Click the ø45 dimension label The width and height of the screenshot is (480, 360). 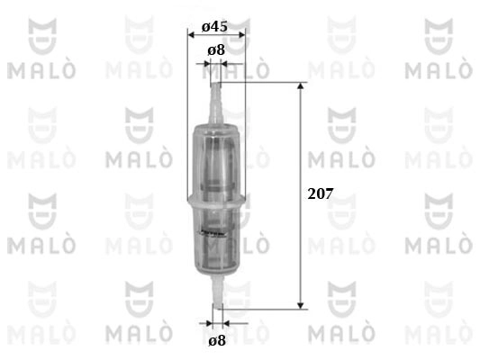click(x=214, y=27)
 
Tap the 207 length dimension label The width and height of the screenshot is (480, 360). click(x=321, y=193)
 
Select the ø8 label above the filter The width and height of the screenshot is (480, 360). click(x=216, y=49)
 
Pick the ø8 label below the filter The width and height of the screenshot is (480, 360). click(x=217, y=340)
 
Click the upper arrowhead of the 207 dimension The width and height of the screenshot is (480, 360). click(x=301, y=85)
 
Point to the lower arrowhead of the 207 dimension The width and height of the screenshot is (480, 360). click(x=301, y=306)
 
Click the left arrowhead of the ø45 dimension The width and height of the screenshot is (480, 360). click(x=191, y=35)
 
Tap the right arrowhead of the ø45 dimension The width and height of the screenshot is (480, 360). click(x=241, y=35)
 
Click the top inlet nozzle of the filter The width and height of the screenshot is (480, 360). click(x=215, y=103)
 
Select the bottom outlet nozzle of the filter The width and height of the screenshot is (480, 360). click(x=218, y=290)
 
